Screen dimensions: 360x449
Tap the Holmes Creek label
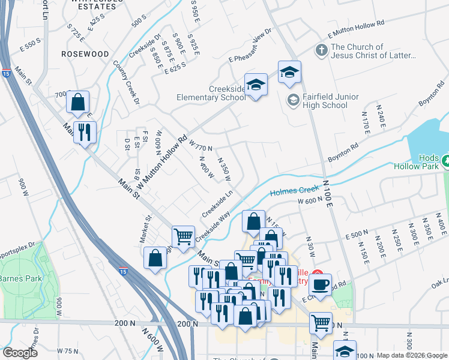pyautogui.click(x=292, y=192)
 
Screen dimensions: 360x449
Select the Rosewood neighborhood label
pyautogui.click(x=85, y=54)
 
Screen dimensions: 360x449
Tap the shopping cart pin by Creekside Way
pyautogui.click(x=183, y=236)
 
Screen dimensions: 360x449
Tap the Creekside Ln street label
pyautogui.click(x=217, y=205)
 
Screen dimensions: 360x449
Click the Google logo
pyautogui.click(x=20, y=353)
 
